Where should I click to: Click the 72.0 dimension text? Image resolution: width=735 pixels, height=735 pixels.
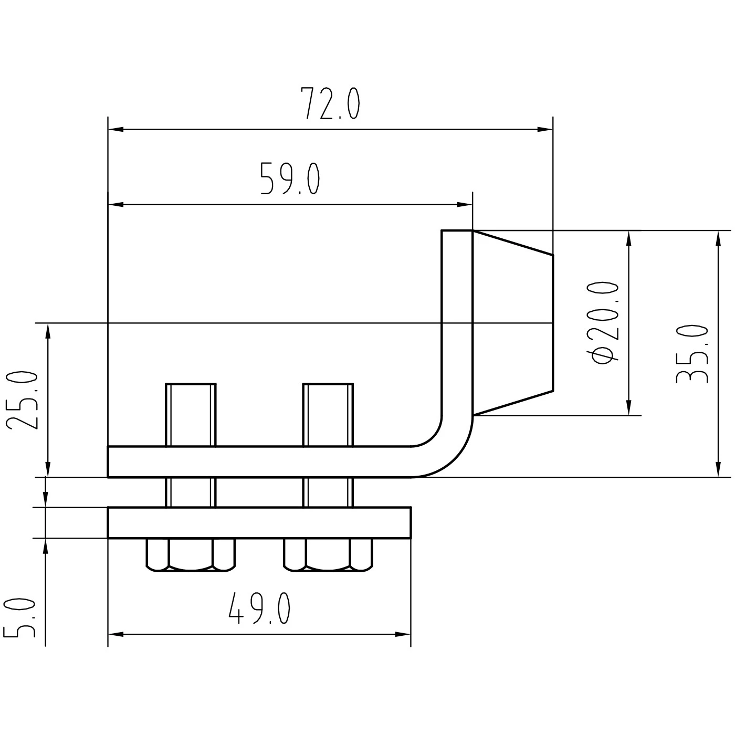(x=330, y=104)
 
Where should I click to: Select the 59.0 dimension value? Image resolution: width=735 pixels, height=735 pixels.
(x=290, y=179)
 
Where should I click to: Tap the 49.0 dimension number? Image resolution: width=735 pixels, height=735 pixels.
(x=259, y=610)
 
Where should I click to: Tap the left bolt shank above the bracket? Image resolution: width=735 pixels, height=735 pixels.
(x=191, y=415)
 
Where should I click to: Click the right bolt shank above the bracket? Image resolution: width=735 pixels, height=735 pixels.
(x=328, y=415)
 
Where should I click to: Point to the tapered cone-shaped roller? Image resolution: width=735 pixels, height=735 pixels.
(x=512, y=323)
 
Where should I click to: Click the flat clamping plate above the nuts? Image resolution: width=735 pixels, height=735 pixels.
(x=259, y=523)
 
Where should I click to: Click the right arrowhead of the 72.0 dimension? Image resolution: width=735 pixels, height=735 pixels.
(x=546, y=129)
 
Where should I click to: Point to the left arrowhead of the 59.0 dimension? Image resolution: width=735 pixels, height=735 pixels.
(x=115, y=204)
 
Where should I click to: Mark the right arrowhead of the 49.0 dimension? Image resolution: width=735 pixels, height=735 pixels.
(x=404, y=635)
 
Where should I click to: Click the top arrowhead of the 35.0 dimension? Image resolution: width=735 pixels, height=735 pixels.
(x=718, y=238)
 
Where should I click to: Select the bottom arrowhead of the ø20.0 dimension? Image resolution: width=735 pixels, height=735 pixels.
(x=628, y=408)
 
